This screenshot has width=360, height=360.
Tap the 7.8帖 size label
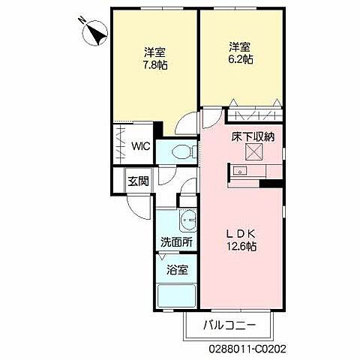pyautogui.click(x=156, y=65)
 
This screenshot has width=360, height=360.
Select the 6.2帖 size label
pyautogui.click(x=240, y=59)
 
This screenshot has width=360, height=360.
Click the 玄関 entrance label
pyautogui.click(x=137, y=180)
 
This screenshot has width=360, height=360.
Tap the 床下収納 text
pyautogui.click(x=252, y=136)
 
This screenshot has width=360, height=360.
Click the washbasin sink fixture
pyautogui.click(x=188, y=220)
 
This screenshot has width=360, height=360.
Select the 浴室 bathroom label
pyautogui.click(x=177, y=269)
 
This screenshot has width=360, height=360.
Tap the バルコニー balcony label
pyautogui.click(x=230, y=325)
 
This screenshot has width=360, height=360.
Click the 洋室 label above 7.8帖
pyautogui.click(x=156, y=52)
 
